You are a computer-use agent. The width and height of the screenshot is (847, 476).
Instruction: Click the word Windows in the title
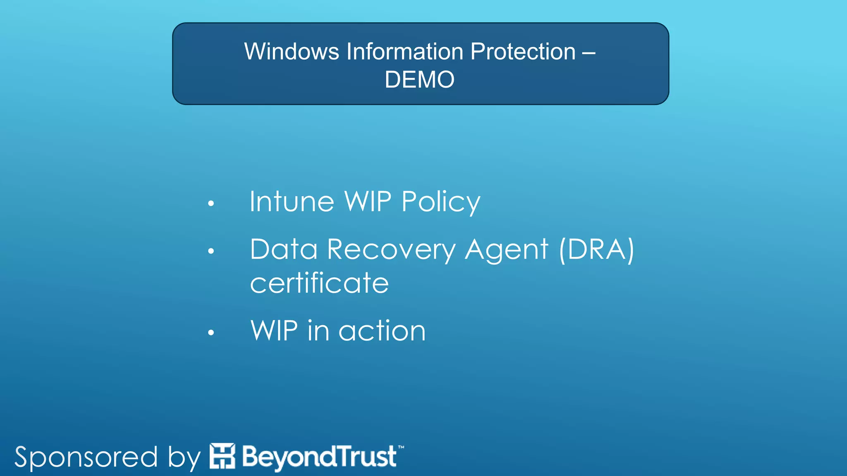pos(291,52)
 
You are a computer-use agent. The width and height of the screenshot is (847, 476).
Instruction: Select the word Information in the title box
pos(405,52)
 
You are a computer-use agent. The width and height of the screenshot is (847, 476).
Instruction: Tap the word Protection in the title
pos(523,52)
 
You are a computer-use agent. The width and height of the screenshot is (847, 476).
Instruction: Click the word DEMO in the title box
pos(419,79)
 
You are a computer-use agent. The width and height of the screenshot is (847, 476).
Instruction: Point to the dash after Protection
pos(589,52)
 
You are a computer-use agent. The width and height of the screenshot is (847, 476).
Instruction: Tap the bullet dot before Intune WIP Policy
pos(211,203)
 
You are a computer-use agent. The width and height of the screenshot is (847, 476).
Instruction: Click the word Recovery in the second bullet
pos(391,250)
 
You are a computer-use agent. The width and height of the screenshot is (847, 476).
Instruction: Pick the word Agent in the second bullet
pos(506,250)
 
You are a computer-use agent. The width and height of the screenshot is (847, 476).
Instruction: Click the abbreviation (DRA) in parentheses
pos(596,250)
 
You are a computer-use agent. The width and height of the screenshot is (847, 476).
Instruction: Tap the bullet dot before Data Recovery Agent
pos(211,251)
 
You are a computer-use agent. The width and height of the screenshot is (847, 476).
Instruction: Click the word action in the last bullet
pos(382,331)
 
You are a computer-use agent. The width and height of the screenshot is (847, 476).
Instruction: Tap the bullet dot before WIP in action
pos(211,332)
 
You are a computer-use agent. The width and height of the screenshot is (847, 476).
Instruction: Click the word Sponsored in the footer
pos(86,457)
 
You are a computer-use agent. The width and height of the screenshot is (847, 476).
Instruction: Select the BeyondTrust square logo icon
pos(222,456)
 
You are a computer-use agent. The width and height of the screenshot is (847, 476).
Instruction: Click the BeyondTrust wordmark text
pos(319,457)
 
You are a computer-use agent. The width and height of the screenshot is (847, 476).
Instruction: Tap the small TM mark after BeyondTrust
pos(401,447)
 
